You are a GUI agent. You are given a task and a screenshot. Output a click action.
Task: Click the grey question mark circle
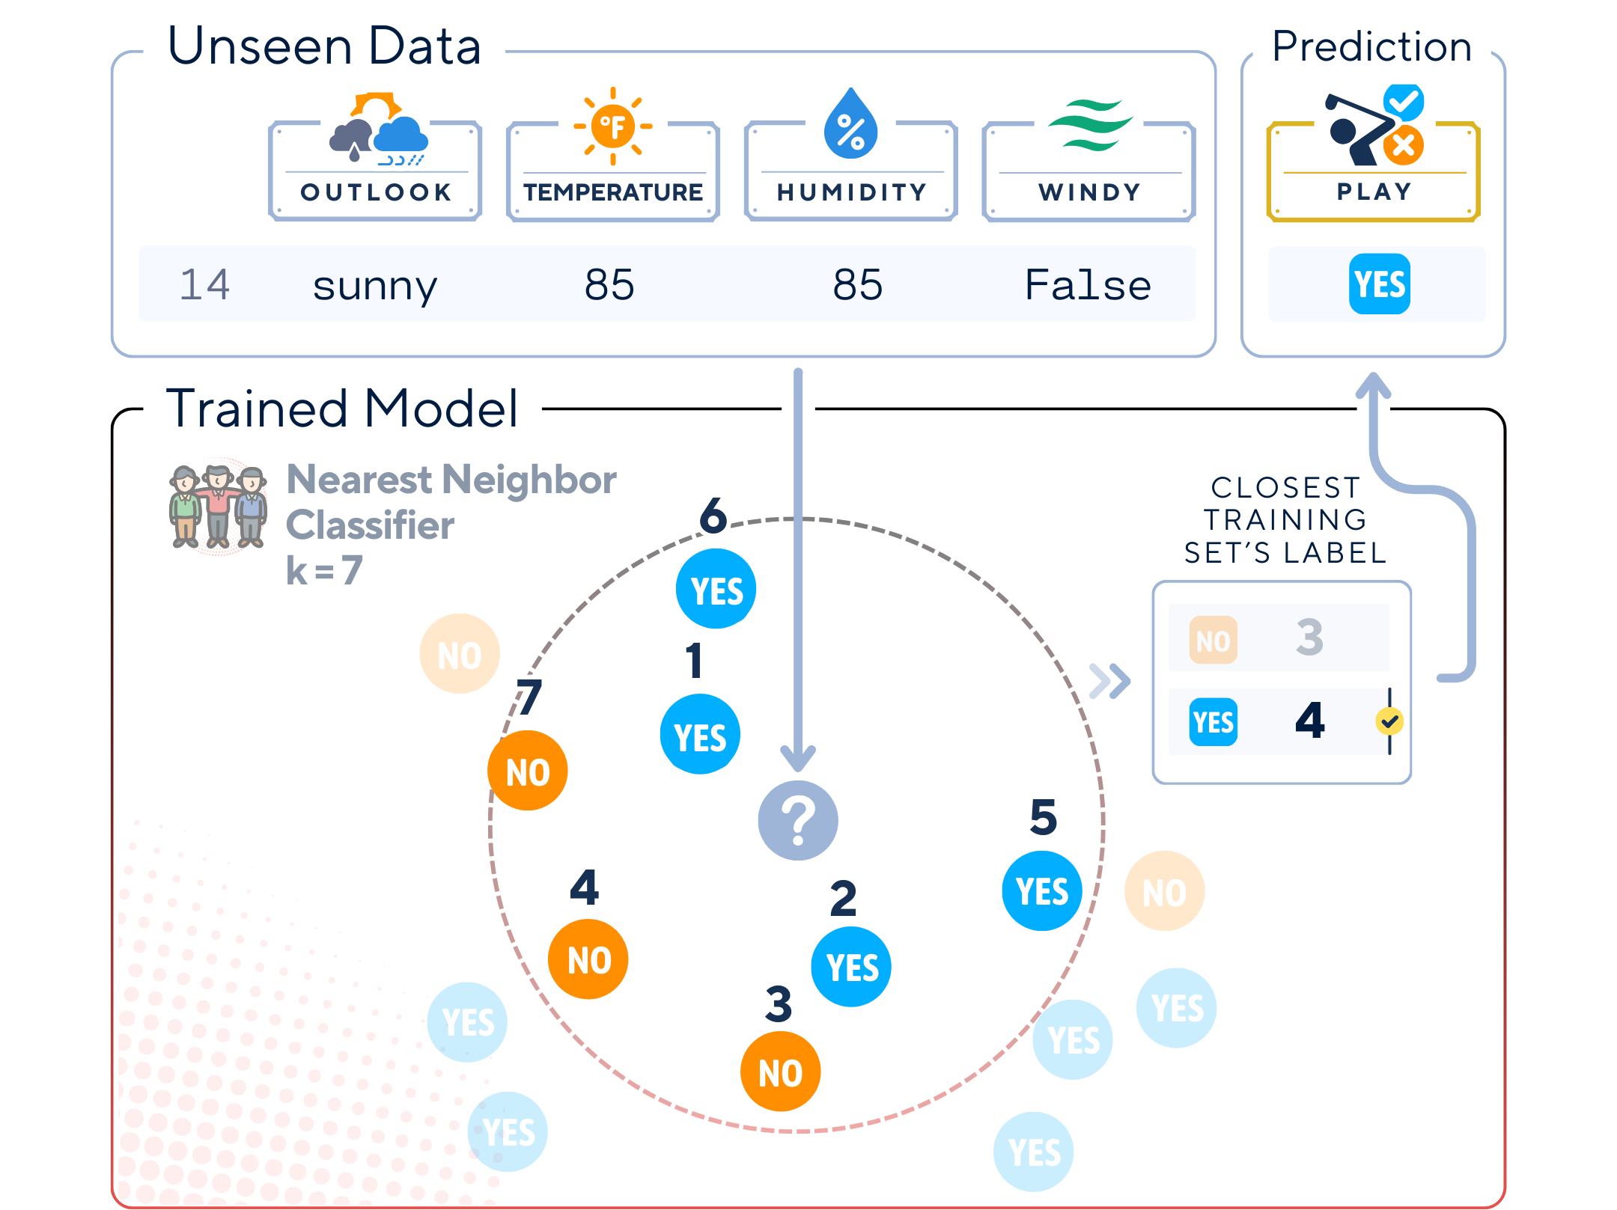point(798,820)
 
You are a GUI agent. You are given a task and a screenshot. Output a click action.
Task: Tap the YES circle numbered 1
point(700,734)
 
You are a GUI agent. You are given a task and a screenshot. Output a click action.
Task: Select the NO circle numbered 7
point(527,771)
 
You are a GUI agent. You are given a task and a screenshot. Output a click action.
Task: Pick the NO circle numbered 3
point(780,1072)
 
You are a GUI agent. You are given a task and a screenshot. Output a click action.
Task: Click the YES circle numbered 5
point(1042,891)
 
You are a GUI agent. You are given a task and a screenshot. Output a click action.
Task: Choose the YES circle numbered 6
point(716,589)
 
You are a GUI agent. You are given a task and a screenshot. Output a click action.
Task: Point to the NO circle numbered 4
point(588,959)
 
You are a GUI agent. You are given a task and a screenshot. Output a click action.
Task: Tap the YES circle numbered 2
point(851,967)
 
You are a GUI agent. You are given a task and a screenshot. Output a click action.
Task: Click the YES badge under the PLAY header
point(1379,284)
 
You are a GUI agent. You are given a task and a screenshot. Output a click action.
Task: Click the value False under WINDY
point(1088,285)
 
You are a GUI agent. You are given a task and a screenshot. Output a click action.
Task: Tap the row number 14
point(204,285)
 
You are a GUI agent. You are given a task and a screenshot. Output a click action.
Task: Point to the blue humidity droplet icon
point(850,125)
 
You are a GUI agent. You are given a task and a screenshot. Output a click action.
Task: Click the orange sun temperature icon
point(613,126)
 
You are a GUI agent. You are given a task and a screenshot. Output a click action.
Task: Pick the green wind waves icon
point(1089,125)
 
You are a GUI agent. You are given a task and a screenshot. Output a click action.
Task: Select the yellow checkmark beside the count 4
point(1389,721)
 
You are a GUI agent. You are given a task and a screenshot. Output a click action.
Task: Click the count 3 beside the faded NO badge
point(1309,638)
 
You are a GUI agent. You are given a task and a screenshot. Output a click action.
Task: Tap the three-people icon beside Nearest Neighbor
point(218,507)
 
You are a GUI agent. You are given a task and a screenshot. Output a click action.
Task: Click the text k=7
point(325,571)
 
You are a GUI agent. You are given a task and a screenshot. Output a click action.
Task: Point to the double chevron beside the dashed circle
point(1109,680)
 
